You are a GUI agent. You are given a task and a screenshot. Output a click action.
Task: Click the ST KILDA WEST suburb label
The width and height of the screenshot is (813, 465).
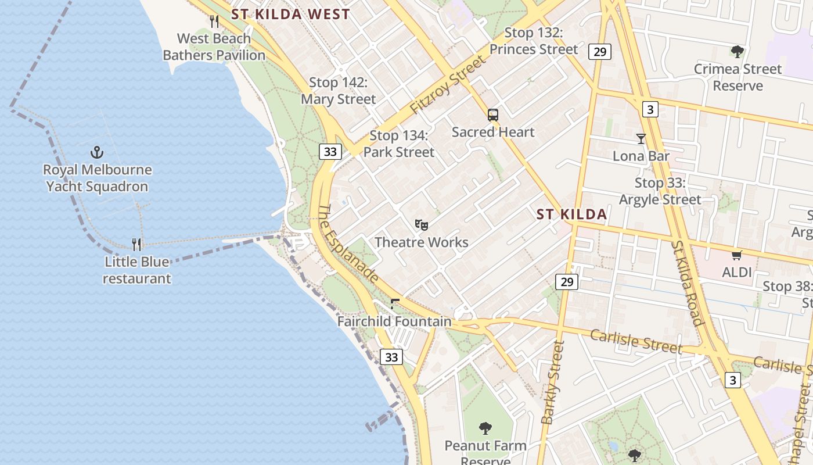click(290, 15)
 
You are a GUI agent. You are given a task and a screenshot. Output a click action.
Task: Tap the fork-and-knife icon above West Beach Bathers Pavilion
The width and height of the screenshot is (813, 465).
click(214, 22)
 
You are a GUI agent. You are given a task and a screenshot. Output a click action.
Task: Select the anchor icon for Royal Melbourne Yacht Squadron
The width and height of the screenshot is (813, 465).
click(97, 153)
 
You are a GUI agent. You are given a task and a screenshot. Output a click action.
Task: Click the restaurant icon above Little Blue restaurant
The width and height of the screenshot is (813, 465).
click(136, 244)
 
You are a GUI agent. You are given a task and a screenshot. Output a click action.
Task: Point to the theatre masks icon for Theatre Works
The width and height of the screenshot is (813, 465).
click(422, 224)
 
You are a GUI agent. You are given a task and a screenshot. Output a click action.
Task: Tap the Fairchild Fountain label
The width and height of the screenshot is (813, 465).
click(394, 321)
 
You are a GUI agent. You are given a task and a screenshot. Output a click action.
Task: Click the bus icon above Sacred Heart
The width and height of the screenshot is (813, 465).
click(493, 115)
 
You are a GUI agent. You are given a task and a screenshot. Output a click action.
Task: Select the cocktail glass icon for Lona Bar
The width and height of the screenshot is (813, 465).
click(641, 139)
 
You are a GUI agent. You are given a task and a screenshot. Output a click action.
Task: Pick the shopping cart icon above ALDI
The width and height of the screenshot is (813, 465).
click(737, 255)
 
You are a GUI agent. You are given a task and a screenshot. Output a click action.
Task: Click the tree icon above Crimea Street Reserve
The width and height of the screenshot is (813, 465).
click(738, 52)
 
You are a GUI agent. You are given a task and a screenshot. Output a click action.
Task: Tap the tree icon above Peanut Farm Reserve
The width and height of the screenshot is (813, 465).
click(485, 428)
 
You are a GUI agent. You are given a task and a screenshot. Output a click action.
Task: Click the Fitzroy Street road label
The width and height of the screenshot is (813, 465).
click(447, 85)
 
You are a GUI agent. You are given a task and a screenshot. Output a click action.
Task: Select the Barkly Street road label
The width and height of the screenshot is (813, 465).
click(552, 382)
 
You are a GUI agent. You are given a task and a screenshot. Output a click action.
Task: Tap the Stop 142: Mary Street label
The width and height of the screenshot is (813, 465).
click(338, 91)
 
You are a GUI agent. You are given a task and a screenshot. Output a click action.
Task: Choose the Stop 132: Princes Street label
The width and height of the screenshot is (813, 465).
click(534, 41)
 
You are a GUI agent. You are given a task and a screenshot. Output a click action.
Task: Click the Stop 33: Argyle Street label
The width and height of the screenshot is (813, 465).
click(660, 191)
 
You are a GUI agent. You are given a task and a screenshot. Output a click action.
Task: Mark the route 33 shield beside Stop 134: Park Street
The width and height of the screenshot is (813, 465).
click(330, 152)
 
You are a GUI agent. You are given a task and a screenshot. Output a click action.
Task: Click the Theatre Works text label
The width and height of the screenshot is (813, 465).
click(422, 242)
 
